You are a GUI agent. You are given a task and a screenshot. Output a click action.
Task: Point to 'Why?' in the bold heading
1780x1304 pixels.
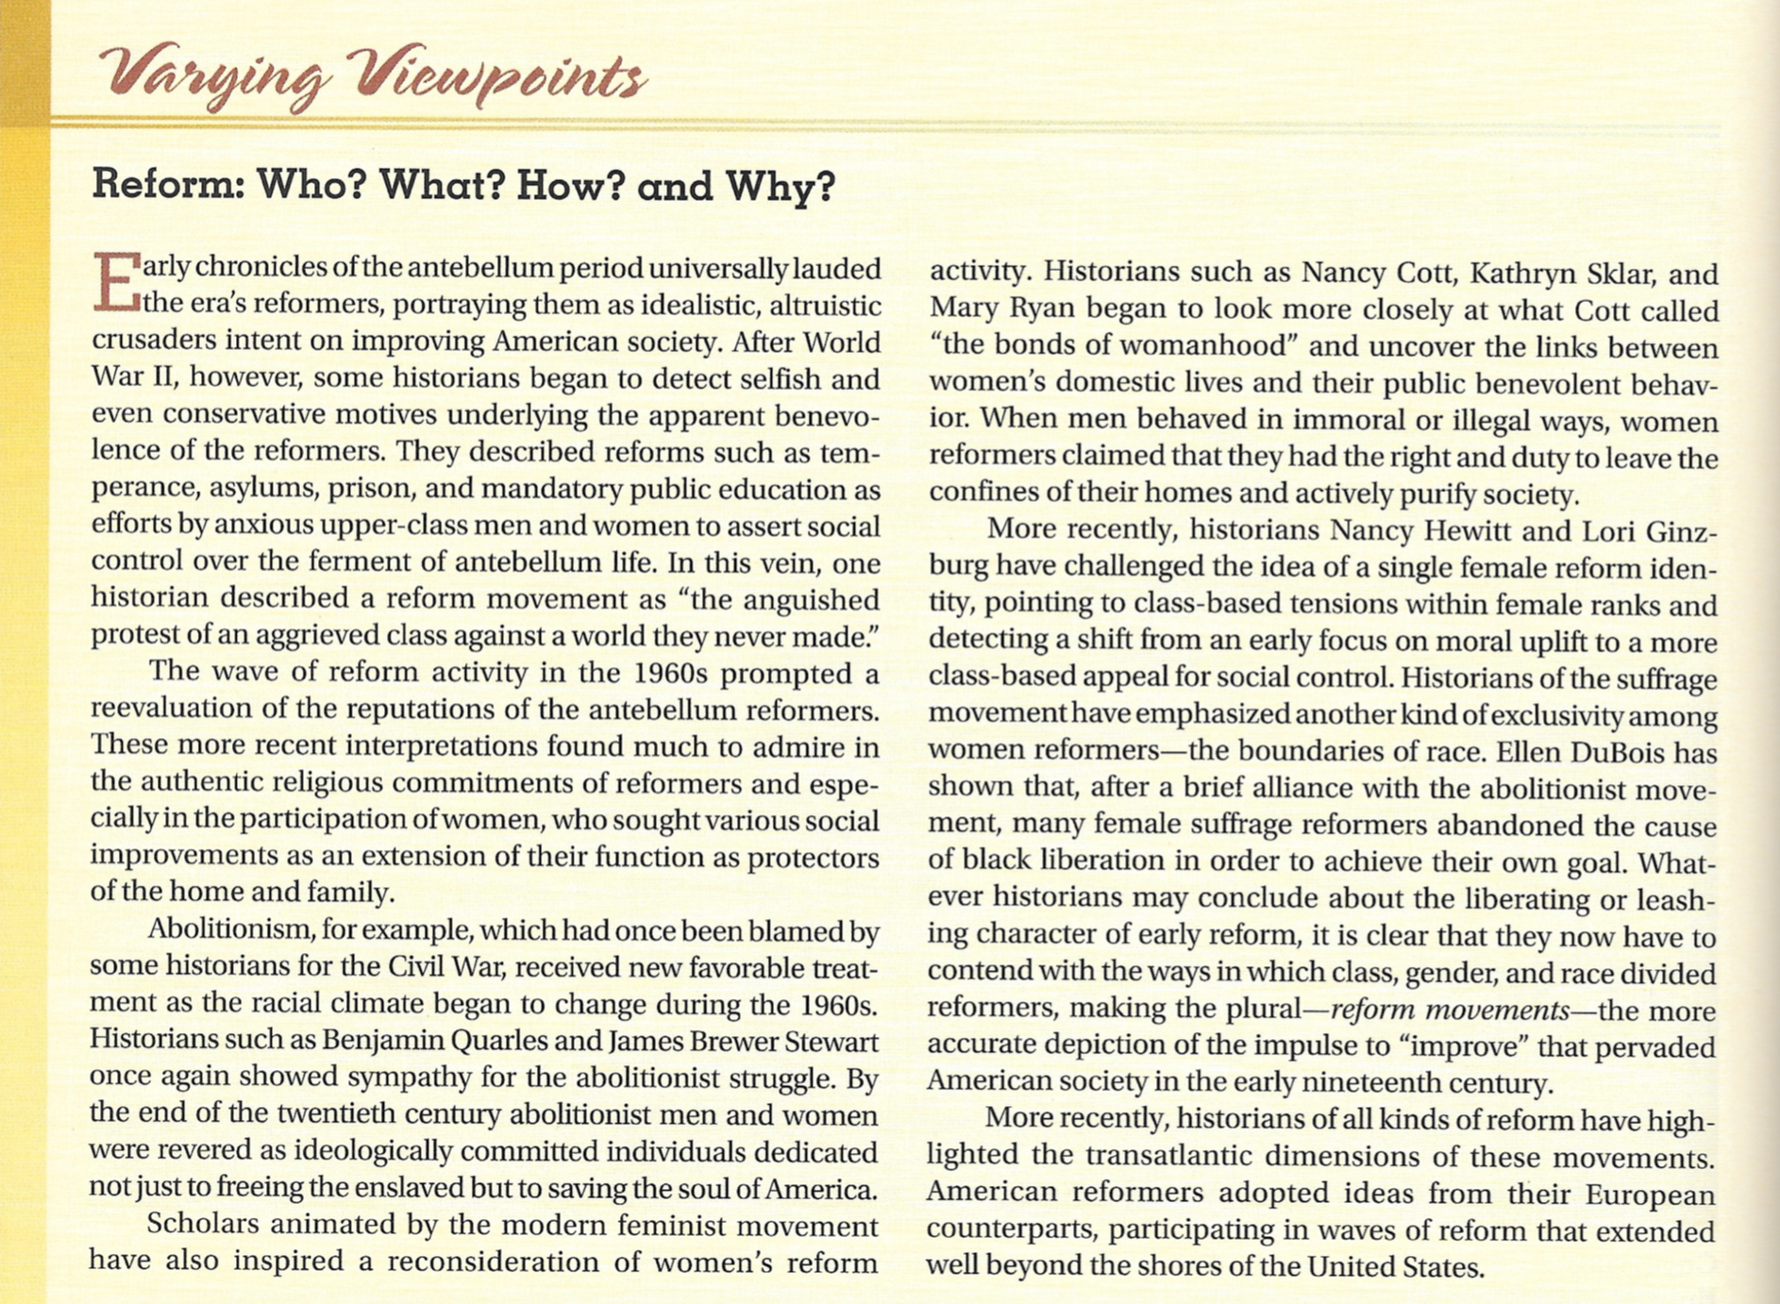click(x=780, y=185)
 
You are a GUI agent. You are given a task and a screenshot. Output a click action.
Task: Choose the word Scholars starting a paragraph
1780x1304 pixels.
click(x=203, y=1225)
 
